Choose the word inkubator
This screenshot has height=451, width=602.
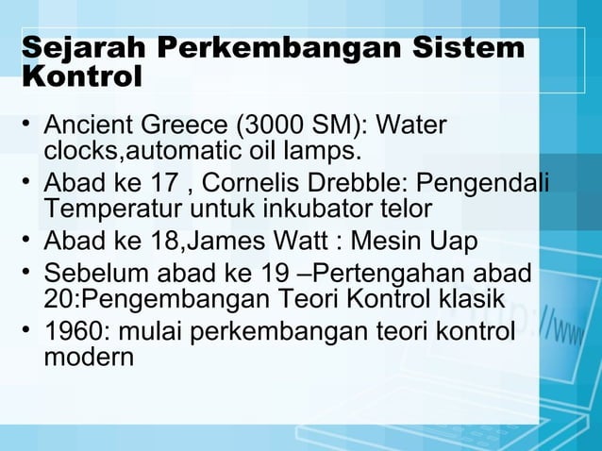click(x=309, y=208)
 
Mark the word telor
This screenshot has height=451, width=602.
click(x=400, y=208)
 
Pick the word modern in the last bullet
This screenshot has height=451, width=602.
click(x=89, y=359)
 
